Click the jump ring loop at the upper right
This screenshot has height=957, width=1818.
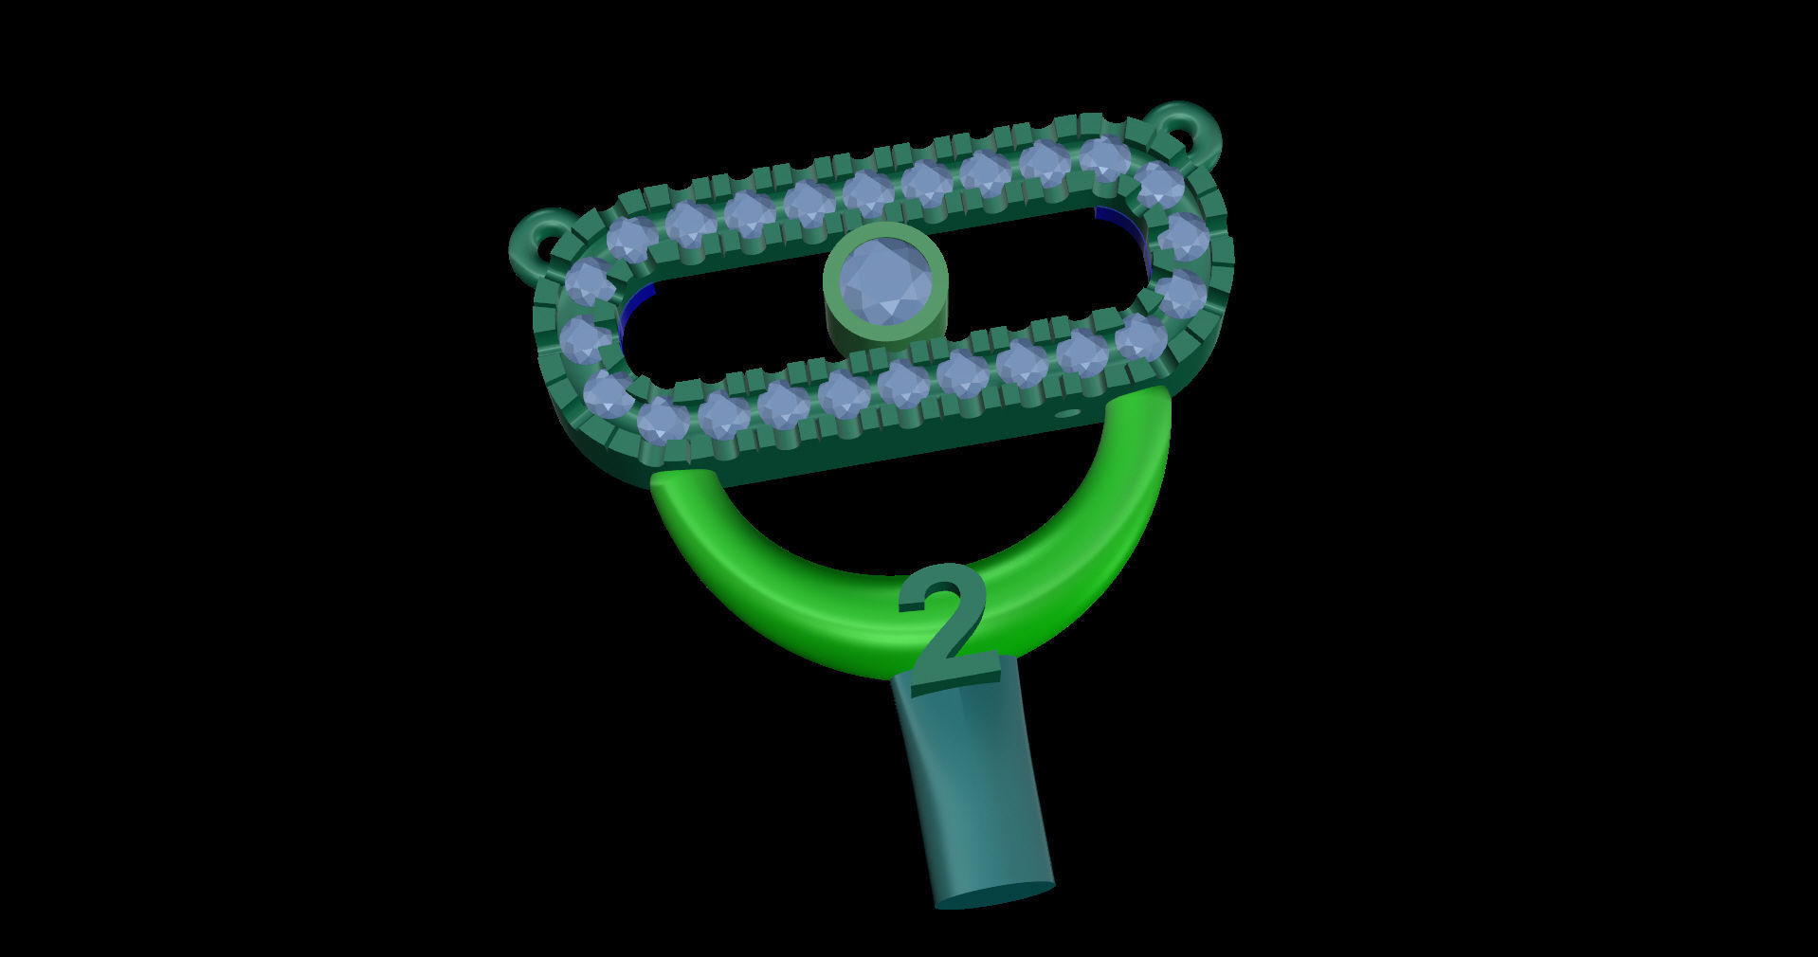1184,127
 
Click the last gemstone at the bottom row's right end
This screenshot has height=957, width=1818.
1139,336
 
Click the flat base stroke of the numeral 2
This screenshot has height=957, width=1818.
954,680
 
